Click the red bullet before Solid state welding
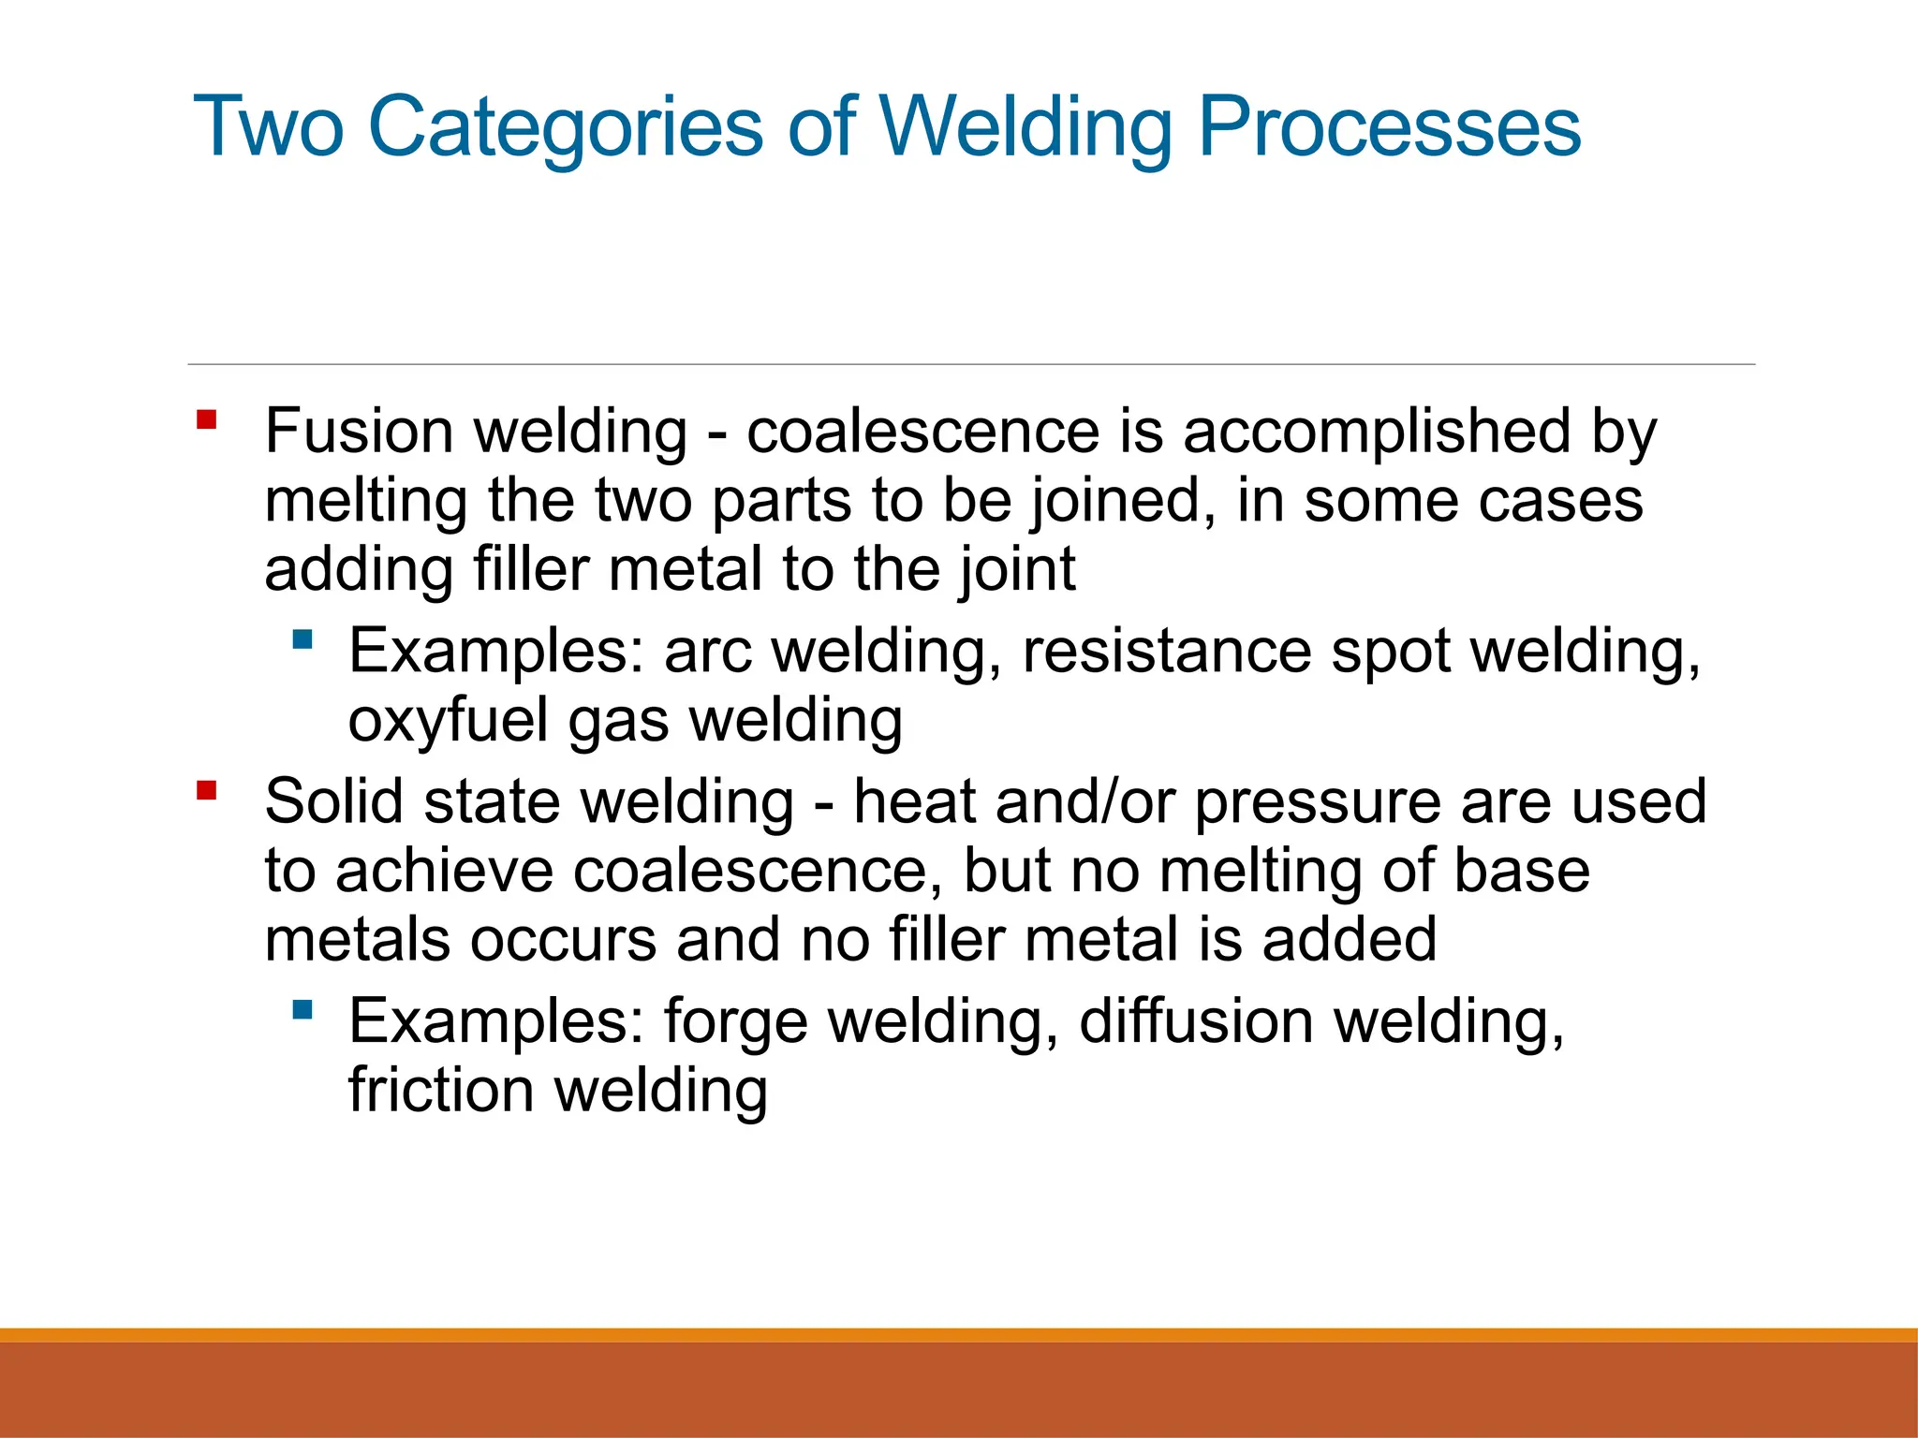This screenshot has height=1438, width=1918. (207, 792)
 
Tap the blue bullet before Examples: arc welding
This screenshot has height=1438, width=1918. (302, 640)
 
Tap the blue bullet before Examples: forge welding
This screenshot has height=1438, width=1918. (302, 1009)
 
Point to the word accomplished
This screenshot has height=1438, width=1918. (1376, 433)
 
